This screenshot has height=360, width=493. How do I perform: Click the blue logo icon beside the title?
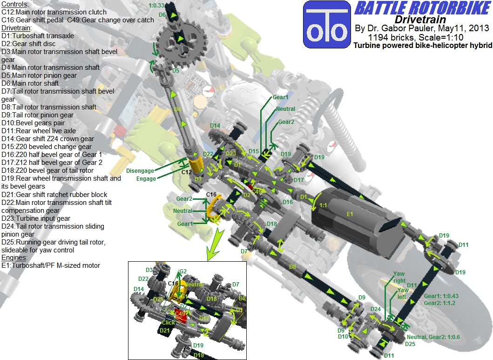click(326, 24)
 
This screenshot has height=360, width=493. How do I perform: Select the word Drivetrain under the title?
click(421, 20)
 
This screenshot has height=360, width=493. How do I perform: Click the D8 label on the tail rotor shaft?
click(292, 266)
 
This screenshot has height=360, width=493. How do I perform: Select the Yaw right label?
click(399, 277)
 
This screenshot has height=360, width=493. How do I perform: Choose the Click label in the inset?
click(169, 322)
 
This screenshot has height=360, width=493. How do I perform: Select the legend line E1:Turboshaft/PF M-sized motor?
click(50, 265)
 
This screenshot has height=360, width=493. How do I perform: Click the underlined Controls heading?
click(15, 4)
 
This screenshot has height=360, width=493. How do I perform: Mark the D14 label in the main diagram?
click(215, 125)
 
